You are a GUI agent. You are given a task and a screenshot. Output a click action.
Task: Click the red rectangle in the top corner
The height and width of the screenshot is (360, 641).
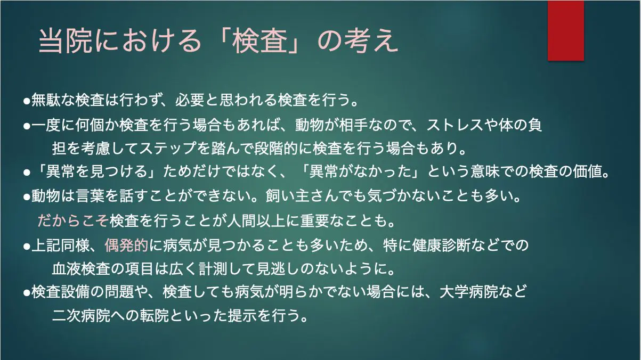566,30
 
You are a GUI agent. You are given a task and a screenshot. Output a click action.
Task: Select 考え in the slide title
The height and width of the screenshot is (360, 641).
371,41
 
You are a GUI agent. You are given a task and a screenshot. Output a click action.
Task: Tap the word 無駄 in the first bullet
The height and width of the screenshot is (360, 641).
46,100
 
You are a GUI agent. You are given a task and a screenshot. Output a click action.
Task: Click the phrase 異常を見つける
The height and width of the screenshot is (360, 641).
96,171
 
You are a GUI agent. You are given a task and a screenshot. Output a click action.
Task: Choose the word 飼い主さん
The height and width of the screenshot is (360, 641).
302,195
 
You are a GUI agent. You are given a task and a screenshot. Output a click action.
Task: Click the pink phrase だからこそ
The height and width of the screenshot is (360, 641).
73,220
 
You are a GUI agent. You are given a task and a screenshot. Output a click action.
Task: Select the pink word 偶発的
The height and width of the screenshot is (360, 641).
126,245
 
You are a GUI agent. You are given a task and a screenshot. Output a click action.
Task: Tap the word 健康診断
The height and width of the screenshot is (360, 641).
441,245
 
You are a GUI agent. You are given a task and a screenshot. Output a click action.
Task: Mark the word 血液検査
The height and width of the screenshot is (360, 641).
81,268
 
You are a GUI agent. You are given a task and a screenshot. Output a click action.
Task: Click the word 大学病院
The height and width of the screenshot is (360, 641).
468,292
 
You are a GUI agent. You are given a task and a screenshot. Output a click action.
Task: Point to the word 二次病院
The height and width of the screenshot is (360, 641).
81,315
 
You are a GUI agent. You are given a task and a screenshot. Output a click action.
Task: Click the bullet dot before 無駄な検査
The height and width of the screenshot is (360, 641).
27,102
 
